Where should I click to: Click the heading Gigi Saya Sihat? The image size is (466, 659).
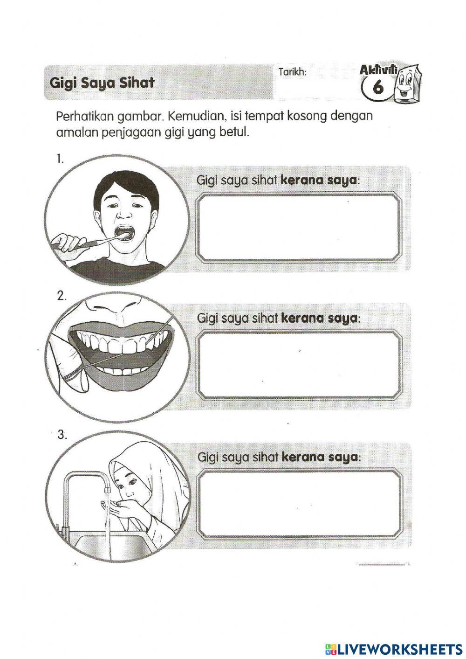(x=102, y=84)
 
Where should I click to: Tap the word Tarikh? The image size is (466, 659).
(x=292, y=72)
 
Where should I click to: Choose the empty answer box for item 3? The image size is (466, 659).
(x=299, y=503)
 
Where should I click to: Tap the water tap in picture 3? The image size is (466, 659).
(x=89, y=480)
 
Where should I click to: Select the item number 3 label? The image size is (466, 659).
(x=62, y=435)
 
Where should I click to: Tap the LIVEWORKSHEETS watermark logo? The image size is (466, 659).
(x=391, y=648)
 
